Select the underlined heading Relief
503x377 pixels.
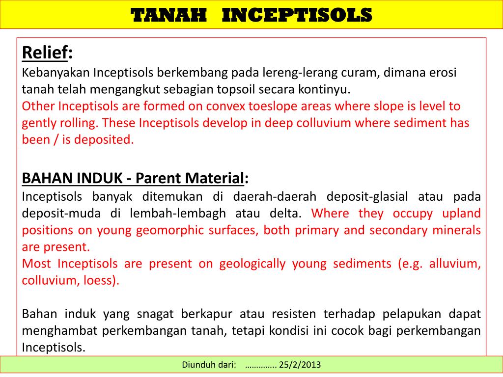(x=45, y=53)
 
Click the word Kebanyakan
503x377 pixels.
(x=56, y=73)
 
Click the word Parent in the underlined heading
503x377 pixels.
(x=156, y=178)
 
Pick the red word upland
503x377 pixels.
(x=461, y=214)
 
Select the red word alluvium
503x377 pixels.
(x=455, y=264)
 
